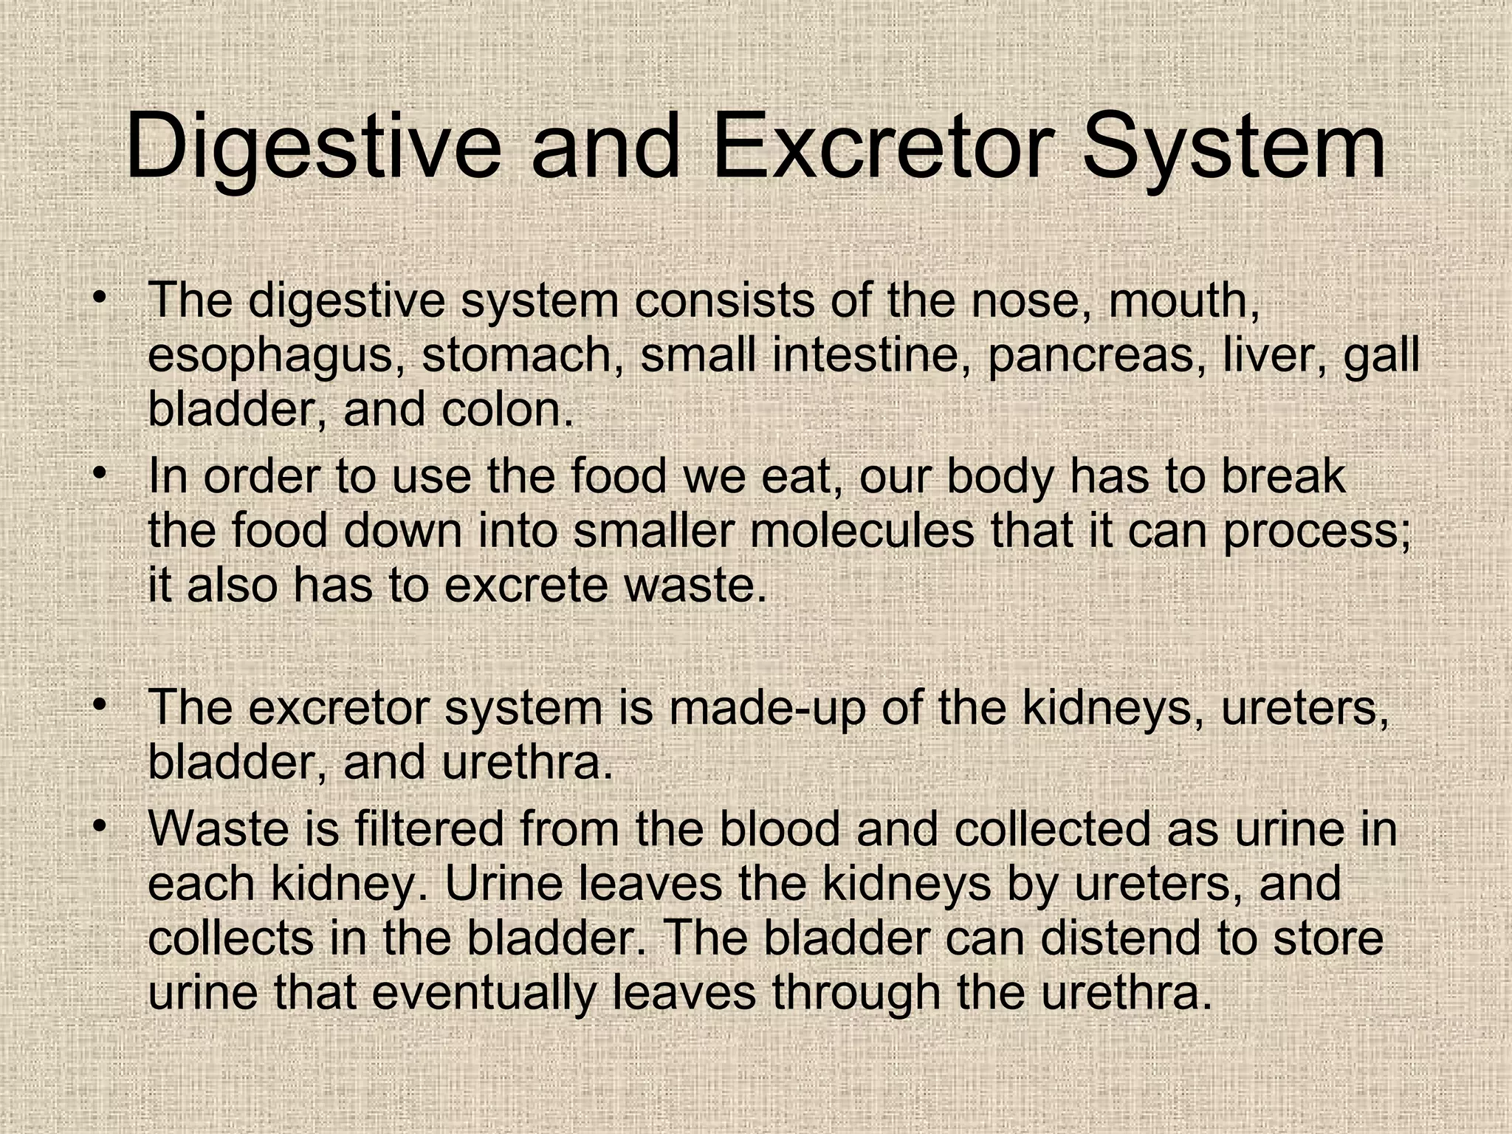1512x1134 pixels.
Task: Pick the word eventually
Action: pyautogui.click(x=484, y=994)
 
